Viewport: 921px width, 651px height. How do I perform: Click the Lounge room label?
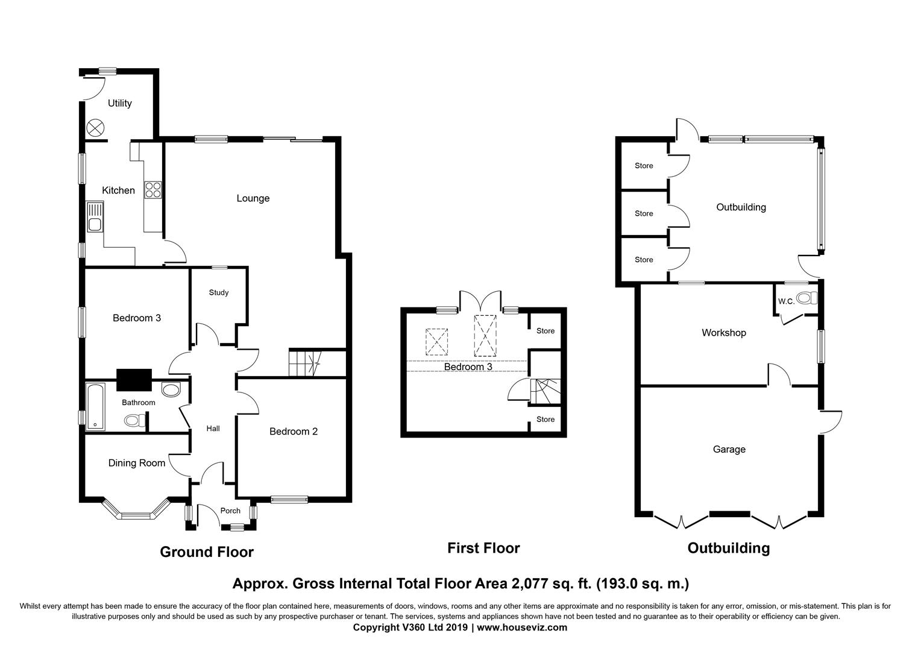point(253,198)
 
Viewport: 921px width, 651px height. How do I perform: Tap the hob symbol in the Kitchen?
point(152,190)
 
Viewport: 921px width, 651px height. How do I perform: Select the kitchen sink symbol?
point(95,217)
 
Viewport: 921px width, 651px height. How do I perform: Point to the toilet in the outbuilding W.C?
point(806,298)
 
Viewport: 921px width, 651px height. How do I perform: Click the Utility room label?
point(120,103)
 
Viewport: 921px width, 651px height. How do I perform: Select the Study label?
point(218,292)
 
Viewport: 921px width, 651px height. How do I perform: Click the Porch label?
point(230,511)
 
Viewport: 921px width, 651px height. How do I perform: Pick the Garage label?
point(729,450)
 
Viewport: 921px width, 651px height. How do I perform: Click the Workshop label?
point(724,333)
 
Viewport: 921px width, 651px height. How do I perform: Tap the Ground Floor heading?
point(207,552)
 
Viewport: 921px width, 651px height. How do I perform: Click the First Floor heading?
point(483,548)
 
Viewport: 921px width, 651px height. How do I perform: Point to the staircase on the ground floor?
point(305,363)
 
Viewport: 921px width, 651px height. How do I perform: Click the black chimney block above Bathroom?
point(134,380)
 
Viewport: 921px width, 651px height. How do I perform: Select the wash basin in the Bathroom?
point(171,389)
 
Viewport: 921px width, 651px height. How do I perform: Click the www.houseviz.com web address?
point(522,627)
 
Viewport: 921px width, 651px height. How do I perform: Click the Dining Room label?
point(136,463)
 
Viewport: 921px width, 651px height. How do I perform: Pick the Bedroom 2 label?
point(294,432)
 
